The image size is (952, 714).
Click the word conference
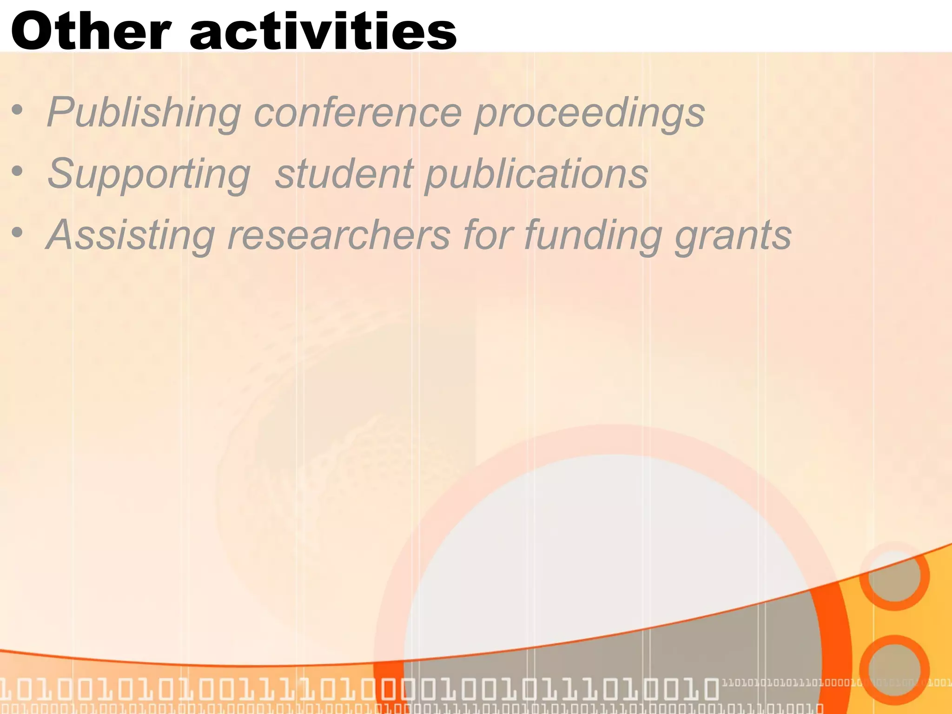(x=357, y=112)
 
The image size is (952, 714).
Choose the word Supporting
(x=149, y=174)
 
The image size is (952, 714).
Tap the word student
(x=344, y=174)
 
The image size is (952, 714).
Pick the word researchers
(x=339, y=235)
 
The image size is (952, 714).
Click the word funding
(x=593, y=235)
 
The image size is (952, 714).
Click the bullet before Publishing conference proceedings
(x=18, y=111)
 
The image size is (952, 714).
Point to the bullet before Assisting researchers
(x=18, y=232)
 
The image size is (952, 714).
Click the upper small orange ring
(x=894, y=575)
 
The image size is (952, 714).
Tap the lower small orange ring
(x=894, y=669)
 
